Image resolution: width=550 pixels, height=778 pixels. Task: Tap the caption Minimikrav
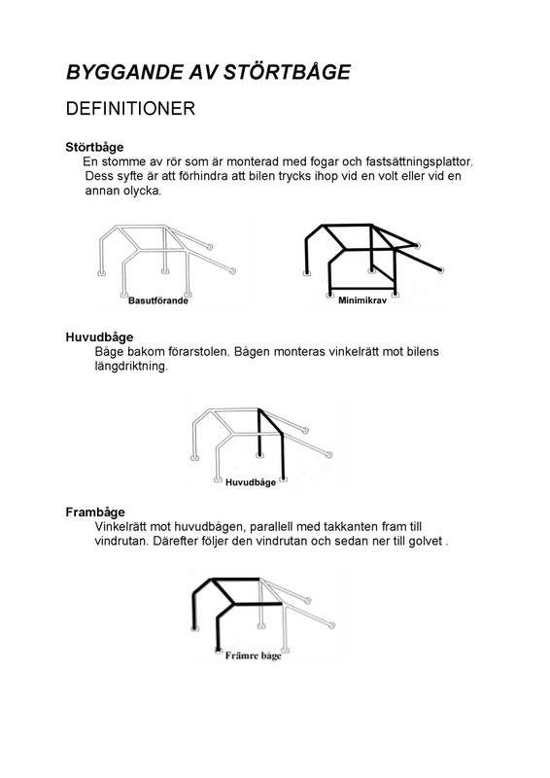361,301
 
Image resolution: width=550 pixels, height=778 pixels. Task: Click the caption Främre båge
251,657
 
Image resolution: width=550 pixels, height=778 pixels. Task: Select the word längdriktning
131,367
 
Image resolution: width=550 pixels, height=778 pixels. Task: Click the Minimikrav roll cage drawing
369,258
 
